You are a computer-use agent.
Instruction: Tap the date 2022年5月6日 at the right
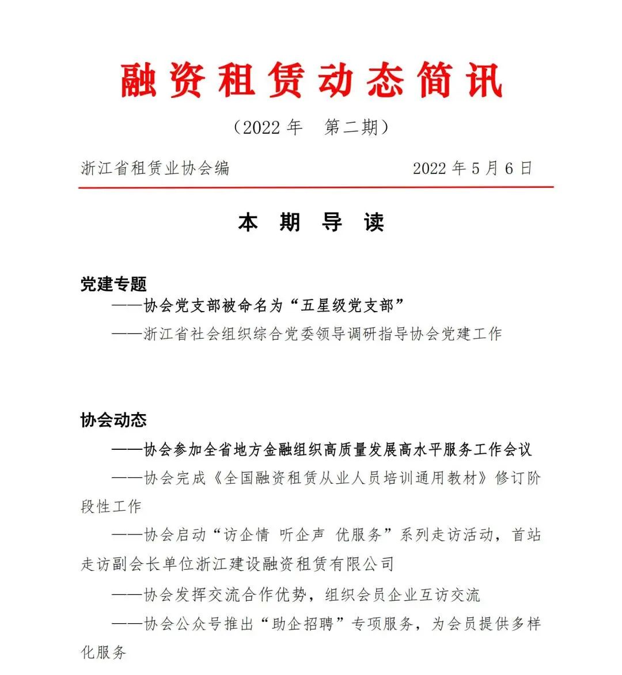pyautogui.click(x=472, y=168)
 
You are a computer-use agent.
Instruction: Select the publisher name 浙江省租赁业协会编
pyautogui.click(x=155, y=168)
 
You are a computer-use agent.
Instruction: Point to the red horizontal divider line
pyautogui.click(x=316, y=187)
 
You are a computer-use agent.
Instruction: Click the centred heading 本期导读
pyautogui.click(x=311, y=222)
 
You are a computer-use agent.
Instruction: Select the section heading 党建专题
pyautogui.click(x=113, y=283)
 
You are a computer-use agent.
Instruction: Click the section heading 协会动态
pyautogui.click(x=113, y=420)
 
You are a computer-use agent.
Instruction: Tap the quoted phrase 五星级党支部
pyautogui.click(x=347, y=306)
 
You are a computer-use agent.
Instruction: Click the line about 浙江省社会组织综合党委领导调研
pyautogui.click(x=323, y=334)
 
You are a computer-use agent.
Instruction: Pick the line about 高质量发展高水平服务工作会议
pyautogui.click(x=337, y=449)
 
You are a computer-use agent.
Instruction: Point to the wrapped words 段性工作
pyautogui.click(x=111, y=506)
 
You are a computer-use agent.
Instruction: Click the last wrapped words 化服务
pyautogui.click(x=104, y=653)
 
